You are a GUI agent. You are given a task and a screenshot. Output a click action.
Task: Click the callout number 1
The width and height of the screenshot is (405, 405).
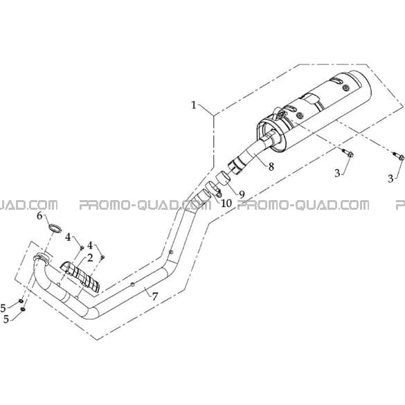194,105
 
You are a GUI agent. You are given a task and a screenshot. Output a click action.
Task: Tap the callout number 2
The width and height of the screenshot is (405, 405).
89,258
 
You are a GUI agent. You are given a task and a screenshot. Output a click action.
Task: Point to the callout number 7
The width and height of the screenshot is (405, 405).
154,296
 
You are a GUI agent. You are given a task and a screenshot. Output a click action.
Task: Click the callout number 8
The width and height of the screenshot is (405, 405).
271,167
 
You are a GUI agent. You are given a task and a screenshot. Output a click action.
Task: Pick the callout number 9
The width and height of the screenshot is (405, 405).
242,195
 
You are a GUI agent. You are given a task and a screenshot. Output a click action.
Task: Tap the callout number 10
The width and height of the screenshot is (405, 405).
226,204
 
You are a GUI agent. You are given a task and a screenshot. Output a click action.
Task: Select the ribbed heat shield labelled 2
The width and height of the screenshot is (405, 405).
80,277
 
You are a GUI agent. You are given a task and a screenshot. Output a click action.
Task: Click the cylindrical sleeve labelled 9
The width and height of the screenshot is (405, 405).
223,178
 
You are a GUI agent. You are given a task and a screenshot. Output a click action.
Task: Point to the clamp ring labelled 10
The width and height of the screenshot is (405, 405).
212,188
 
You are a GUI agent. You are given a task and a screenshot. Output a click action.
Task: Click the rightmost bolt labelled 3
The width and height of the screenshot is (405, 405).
399,156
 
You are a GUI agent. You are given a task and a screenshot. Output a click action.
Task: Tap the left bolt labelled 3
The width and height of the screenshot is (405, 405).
347,153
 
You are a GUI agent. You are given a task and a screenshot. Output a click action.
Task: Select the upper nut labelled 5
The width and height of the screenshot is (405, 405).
21,301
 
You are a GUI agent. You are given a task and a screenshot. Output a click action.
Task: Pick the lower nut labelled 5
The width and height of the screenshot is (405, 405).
23,309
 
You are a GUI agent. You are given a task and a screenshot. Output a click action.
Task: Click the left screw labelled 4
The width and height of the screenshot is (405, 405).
82,247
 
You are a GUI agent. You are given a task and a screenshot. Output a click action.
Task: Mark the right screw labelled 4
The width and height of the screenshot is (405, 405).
102,257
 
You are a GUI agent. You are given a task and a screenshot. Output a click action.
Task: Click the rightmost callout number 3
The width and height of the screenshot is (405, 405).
390,178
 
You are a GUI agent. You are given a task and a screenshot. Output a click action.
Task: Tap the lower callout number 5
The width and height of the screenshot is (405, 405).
6,319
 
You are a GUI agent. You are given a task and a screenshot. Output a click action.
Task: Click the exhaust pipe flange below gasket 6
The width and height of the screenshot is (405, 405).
42,258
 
